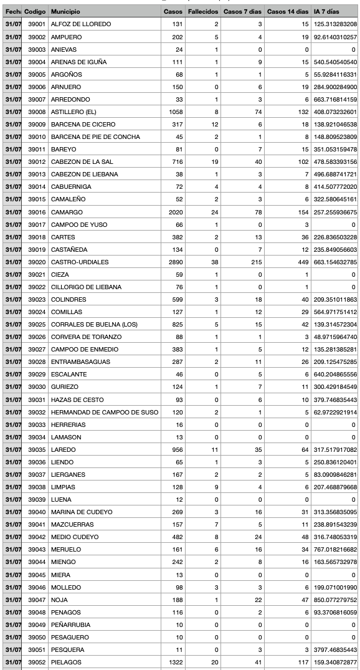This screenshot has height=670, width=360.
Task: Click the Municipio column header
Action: click(x=65, y=12)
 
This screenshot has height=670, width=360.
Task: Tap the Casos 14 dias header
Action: click(x=287, y=12)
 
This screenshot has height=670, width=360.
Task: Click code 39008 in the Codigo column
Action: click(x=36, y=112)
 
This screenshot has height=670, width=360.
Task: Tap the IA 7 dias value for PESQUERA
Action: click(x=334, y=649)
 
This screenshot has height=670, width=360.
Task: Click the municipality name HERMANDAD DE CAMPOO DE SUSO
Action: click(x=105, y=412)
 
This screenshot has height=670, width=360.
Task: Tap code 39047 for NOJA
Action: click(x=36, y=600)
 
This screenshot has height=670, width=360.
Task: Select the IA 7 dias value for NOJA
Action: click(x=334, y=600)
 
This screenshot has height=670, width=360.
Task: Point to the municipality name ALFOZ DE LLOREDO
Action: click(x=81, y=24)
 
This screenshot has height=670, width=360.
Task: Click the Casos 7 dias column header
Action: click(x=242, y=12)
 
